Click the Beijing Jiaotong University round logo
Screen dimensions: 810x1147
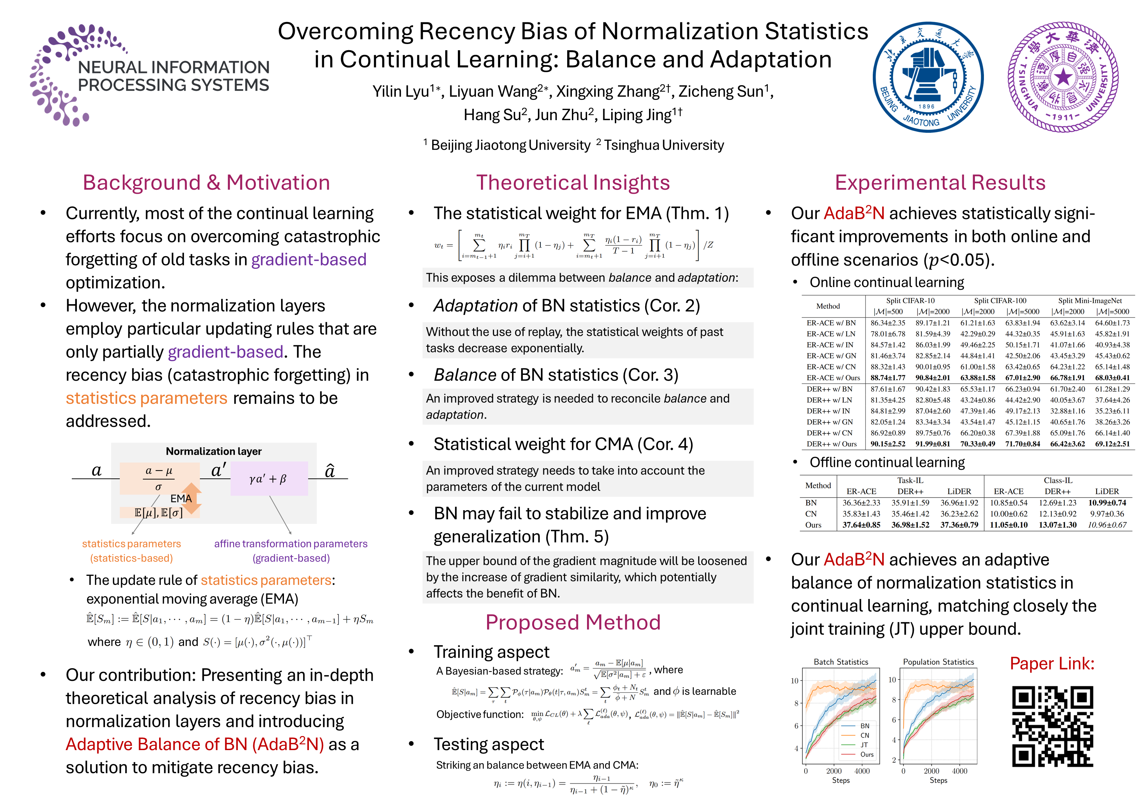coord(928,78)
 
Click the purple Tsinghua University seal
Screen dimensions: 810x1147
coord(1063,78)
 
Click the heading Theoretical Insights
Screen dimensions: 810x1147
coord(573,183)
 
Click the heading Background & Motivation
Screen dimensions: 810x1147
coord(206,183)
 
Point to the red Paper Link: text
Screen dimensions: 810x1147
coord(1052,664)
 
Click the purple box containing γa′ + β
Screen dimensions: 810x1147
coord(269,479)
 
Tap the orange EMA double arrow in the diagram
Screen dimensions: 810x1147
coord(191,498)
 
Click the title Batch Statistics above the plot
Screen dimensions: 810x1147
coord(841,662)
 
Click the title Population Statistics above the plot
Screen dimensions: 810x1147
coord(938,662)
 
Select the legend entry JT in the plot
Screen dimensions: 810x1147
coord(864,745)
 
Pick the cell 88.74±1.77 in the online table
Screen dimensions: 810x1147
coord(888,378)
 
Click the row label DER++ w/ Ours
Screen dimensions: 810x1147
coord(831,444)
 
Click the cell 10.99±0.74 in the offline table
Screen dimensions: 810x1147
coord(1107,503)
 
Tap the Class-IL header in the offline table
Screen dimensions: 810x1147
coord(1058,480)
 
